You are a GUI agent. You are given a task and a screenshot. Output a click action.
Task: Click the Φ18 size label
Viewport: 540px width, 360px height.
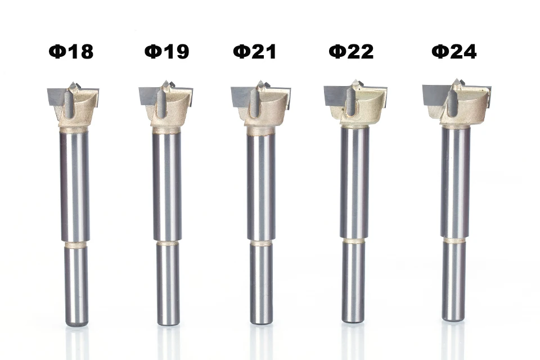click(x=71, y=52)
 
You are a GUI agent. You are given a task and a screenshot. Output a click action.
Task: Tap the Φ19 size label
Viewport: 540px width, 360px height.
click(x=166, y=51)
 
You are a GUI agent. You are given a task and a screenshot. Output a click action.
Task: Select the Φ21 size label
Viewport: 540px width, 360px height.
click(x=254, y=51)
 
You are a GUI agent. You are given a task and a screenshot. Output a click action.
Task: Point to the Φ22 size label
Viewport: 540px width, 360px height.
click(x=351, y=51)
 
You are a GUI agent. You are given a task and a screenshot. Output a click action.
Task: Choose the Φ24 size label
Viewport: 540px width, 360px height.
click(x=454, y=51)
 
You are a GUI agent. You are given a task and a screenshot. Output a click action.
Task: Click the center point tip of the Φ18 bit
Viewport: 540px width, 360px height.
click(x=73, y=83)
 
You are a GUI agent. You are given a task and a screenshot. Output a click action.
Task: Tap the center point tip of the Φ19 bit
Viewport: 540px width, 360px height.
click(x=165, y=82)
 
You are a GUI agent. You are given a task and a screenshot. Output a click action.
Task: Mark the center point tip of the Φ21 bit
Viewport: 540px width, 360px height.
click(x=260, y=82)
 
